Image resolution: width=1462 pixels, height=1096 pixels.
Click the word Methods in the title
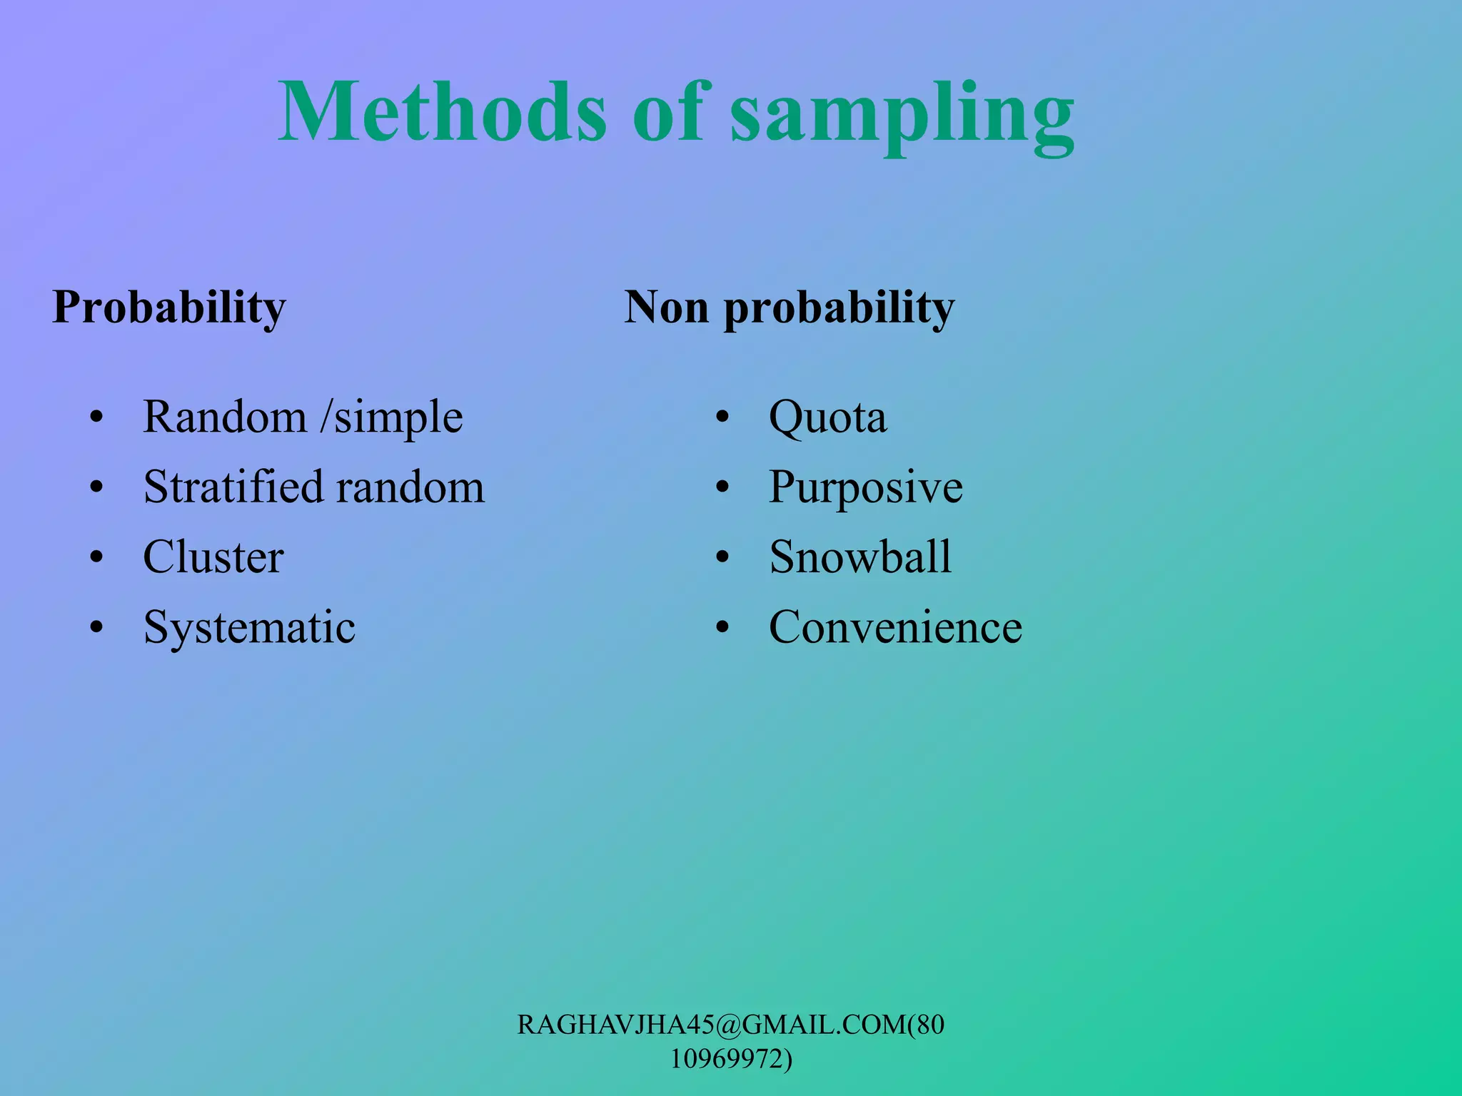point(443,113)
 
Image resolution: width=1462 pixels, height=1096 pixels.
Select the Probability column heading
point(169,308)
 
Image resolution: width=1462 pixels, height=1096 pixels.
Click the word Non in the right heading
point(667,307)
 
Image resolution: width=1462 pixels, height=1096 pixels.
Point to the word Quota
point(827,417)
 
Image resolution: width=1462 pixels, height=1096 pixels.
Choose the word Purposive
point(865,488)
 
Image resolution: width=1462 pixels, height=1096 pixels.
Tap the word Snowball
point(860,557)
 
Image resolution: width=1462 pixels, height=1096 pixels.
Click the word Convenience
point(895,627)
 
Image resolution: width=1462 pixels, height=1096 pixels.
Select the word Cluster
point(213,557)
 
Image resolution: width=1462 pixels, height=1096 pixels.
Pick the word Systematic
point(249,628)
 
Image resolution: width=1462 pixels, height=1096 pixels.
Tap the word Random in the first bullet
point(224,417)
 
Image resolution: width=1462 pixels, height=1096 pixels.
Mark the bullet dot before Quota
point(722,417)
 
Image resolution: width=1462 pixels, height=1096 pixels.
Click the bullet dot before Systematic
point(96,628)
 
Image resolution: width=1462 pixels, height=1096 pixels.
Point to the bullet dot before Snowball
point(722,558)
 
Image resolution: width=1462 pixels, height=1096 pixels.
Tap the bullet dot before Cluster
point(96,558)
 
